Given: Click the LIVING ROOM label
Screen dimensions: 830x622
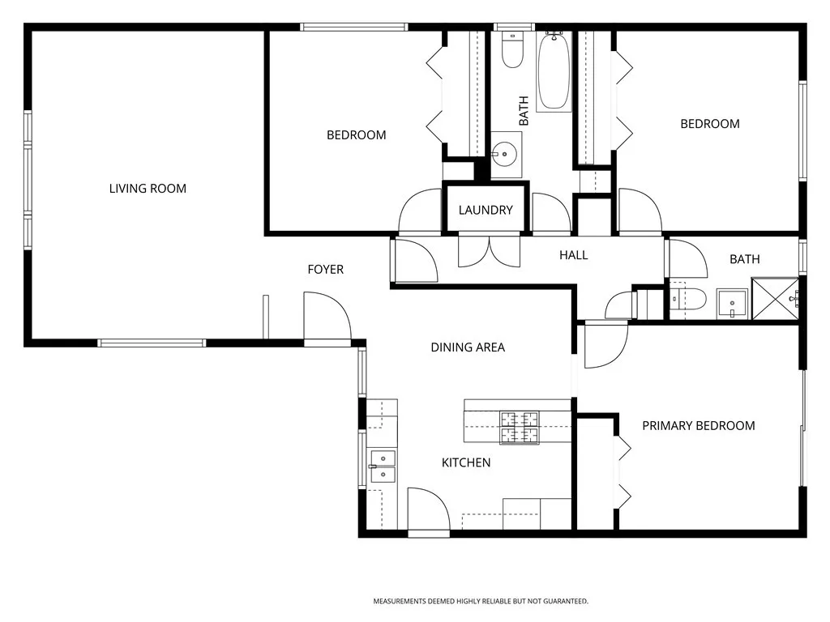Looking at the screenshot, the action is click(x=148, y=188).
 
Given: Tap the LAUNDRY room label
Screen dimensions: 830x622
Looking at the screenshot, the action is click(x=486, y=210).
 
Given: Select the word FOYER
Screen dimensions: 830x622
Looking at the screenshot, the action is click(x=326, y=269).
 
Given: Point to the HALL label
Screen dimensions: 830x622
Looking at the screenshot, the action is click(x=574, y=255).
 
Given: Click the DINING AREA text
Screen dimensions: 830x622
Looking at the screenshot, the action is click(x=468, y=347).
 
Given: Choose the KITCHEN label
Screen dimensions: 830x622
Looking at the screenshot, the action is click(x=466, y=462).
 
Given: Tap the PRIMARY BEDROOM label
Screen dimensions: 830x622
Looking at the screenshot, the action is click(x=699, y=426).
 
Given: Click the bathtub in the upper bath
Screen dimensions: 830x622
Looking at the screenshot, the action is click(x=554, y=71).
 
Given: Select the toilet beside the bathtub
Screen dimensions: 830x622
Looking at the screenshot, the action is click(x=512, y=50).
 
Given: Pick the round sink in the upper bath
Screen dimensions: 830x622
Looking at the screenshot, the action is click(x=505, y=154).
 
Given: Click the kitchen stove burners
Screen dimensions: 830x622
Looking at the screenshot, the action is click(x=520, y=428).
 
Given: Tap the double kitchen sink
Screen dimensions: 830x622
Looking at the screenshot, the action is click(x=383, y=466).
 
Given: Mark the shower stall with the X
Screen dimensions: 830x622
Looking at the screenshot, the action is click(x=775, y=299).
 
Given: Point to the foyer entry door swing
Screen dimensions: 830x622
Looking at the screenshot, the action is click(x=327, y=317).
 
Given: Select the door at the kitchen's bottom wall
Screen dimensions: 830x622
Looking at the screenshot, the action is click(x=428, y=509).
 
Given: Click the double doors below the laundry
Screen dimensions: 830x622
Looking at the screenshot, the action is click(x=490, y=251).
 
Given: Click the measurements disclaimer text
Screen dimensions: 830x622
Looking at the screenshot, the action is click(x=481, y=602).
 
